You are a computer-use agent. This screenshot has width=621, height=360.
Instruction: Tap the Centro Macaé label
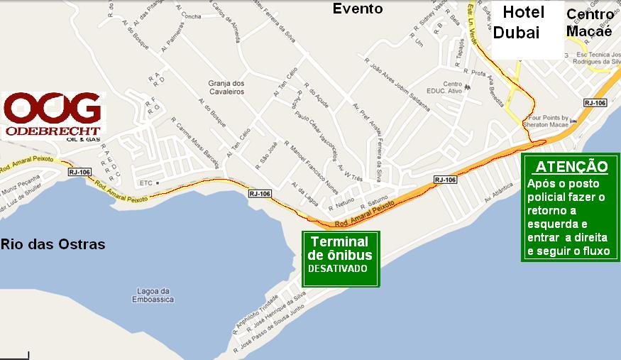coord(590,22)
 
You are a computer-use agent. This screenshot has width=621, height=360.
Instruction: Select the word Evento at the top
coord(358,9)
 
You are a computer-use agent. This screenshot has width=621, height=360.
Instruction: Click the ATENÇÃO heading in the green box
coord(571,167)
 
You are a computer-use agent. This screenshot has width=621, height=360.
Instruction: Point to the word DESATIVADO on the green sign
coord(338,269)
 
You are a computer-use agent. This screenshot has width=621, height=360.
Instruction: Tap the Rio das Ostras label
coord(53,244)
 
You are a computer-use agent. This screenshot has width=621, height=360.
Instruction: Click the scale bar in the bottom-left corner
coord(14,354)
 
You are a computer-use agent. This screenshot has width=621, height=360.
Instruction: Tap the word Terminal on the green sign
coord(339,242)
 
